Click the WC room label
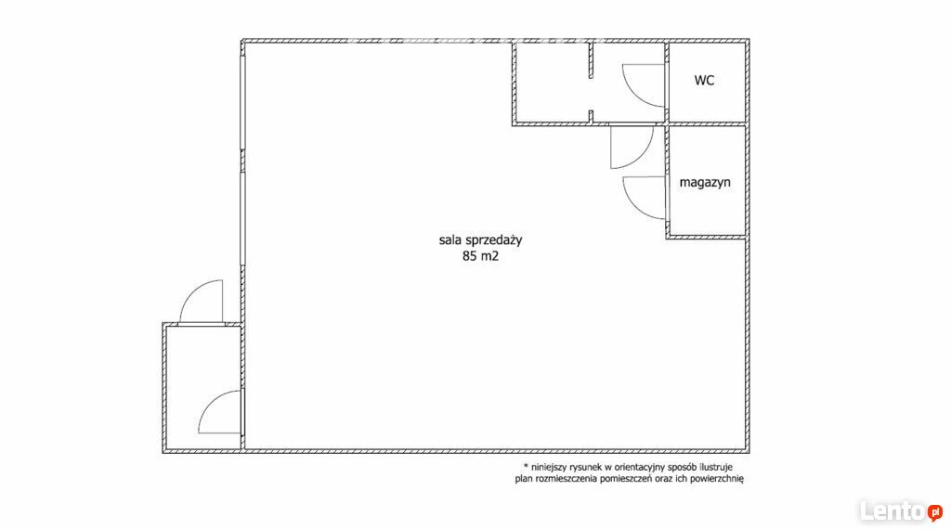click(704, 80)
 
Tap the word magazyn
click(705, 182)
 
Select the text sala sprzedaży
click(480, 240)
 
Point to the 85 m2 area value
click(480, 256)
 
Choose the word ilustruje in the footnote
click(715, 467)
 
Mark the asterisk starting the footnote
click(526, 466)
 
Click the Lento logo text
click(892, 511)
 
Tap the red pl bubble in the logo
click(934, 512)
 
